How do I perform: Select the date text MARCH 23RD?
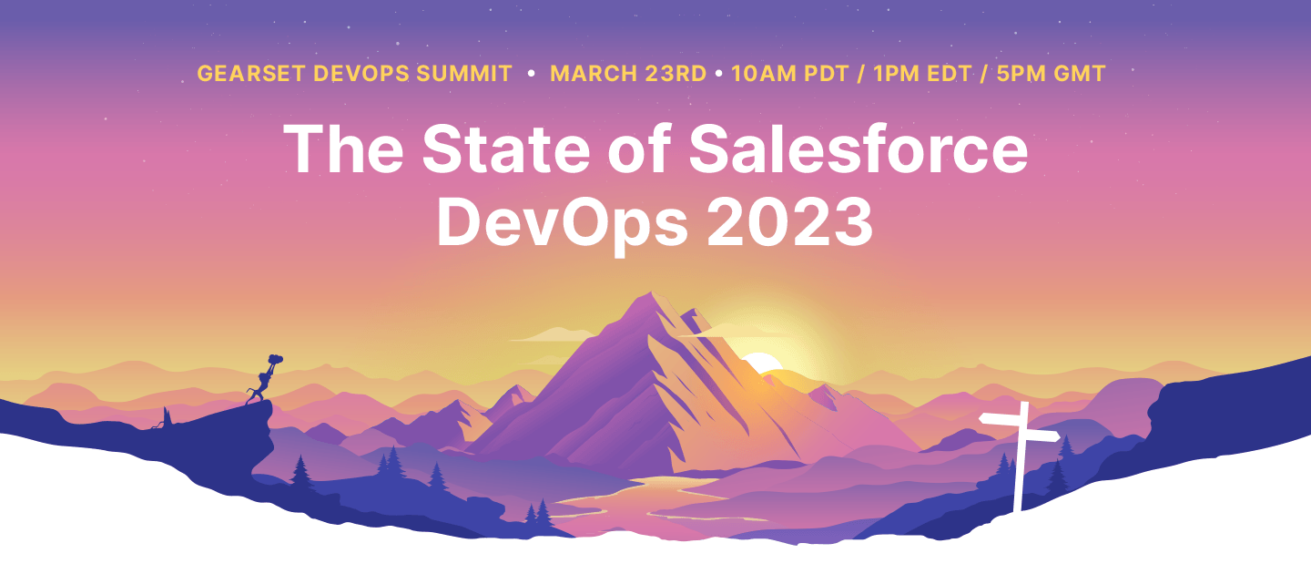(628, 74)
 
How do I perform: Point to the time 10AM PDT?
(789, 74)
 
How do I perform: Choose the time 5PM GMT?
(1051, 74)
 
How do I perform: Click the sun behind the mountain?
(763, 363)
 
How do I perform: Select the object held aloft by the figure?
(274, 361)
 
